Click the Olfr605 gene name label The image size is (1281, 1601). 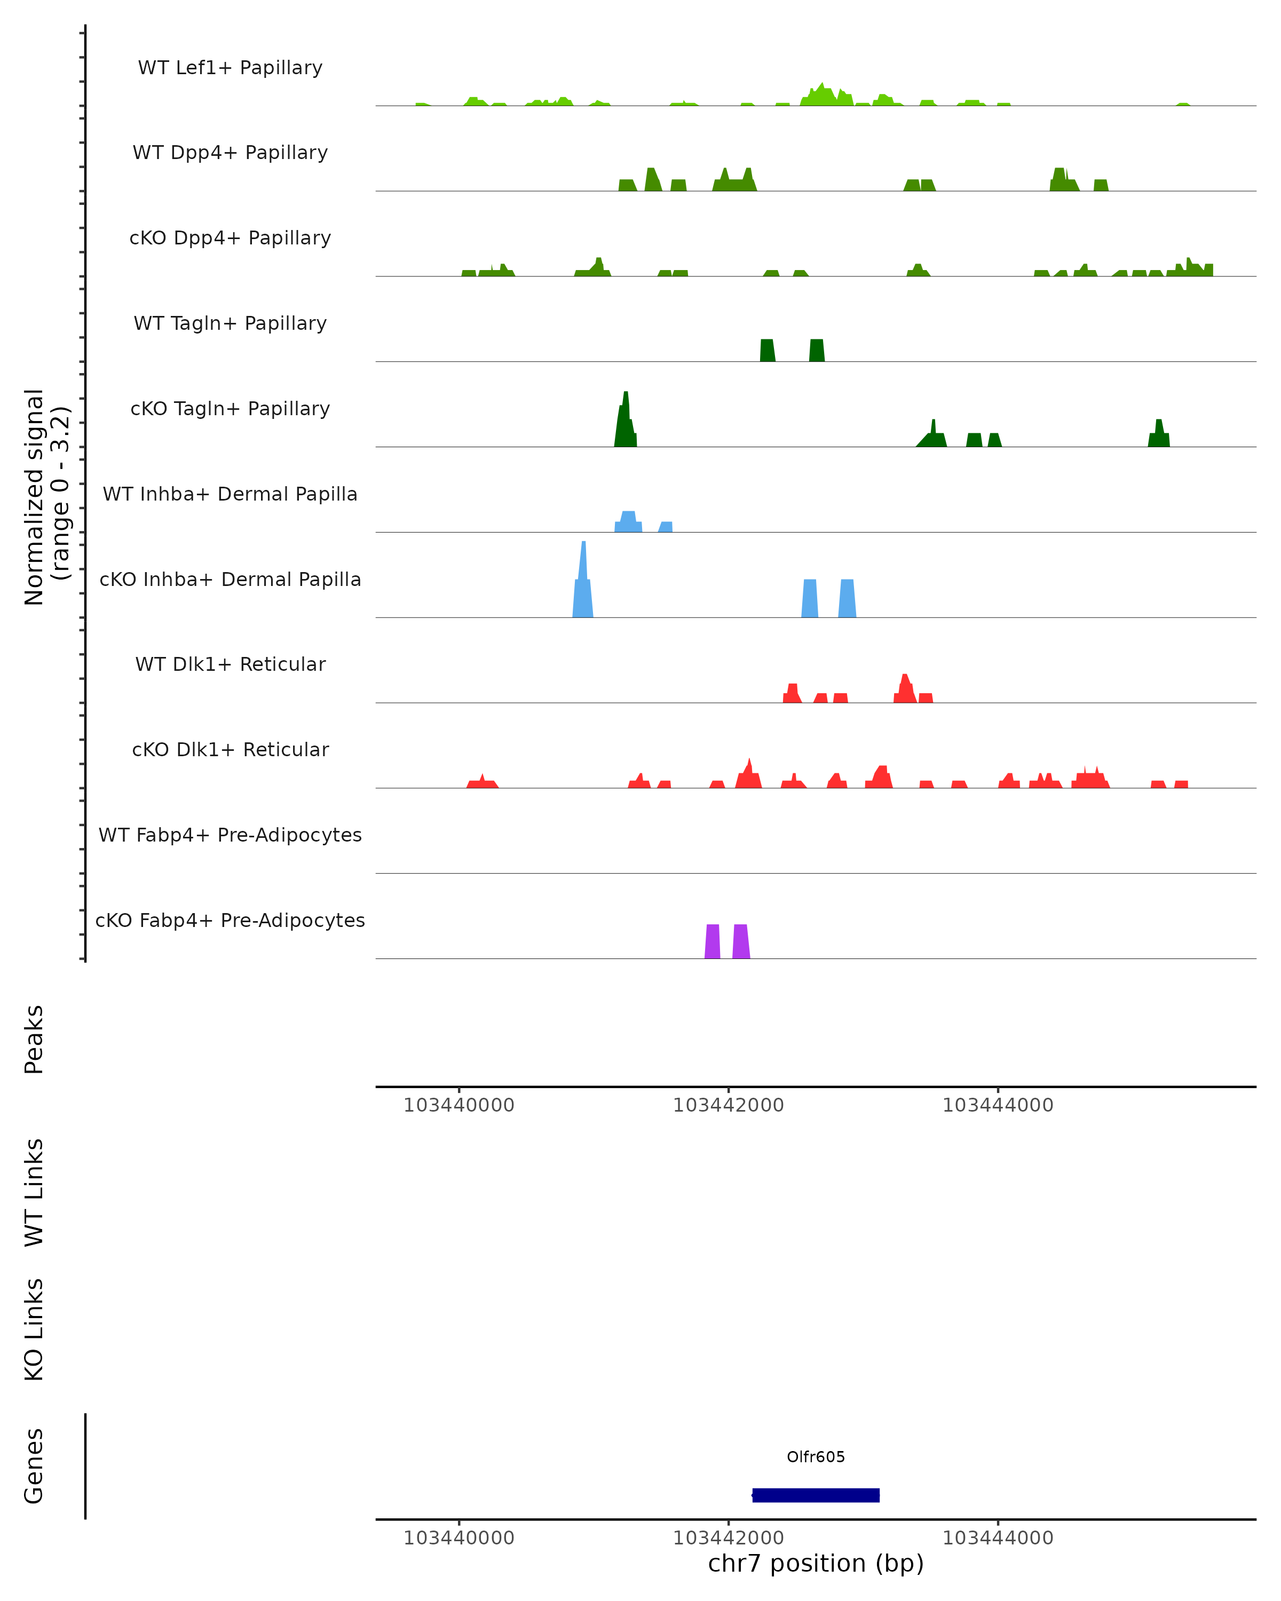(816, 1457)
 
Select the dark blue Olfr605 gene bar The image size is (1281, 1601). (816, 1495)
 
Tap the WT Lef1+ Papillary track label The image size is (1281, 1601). (230, 68)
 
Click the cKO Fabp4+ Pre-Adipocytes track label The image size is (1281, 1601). (230, 920)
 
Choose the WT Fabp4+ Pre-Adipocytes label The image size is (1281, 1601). (230, 835)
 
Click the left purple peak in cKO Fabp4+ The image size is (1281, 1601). (712, 941)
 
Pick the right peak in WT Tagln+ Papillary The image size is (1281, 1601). (817, 351)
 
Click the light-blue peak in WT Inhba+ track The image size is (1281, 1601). (628, 521)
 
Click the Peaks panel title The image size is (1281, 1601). (34, 1039)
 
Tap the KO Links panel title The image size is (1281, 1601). (34, 1329)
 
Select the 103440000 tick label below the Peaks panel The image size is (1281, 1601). (459, 1105)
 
